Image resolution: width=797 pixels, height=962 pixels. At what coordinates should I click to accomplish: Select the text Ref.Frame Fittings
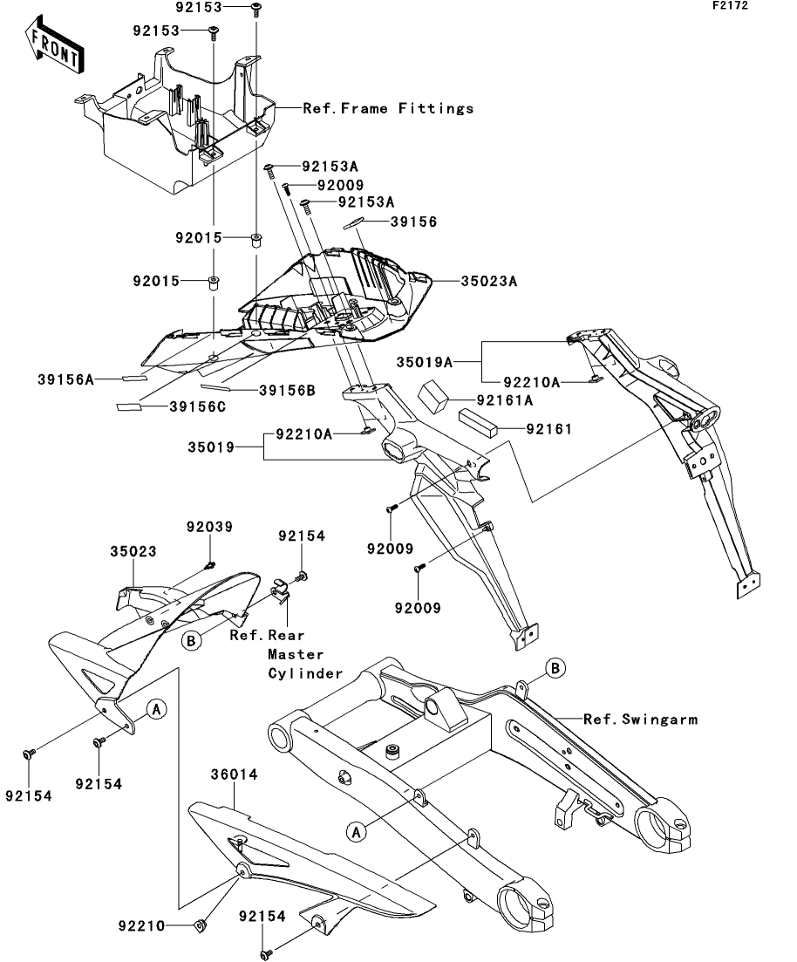coord(388,109)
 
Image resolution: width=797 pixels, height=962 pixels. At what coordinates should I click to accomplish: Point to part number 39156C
coord(197,406)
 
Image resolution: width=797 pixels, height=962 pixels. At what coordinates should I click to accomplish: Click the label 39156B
coord(285,390)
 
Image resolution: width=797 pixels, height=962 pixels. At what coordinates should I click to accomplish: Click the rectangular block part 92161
coord(479,423)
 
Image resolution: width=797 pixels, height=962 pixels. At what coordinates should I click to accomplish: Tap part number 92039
coord(208,528)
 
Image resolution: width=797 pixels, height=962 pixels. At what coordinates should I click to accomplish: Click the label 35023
coord(133,552)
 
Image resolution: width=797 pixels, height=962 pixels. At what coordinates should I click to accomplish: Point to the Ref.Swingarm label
coord(640,720)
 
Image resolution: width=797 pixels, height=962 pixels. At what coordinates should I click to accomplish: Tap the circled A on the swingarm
coord(356,832)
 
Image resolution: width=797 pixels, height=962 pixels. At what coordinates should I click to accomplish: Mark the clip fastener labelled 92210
coord(200,924)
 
